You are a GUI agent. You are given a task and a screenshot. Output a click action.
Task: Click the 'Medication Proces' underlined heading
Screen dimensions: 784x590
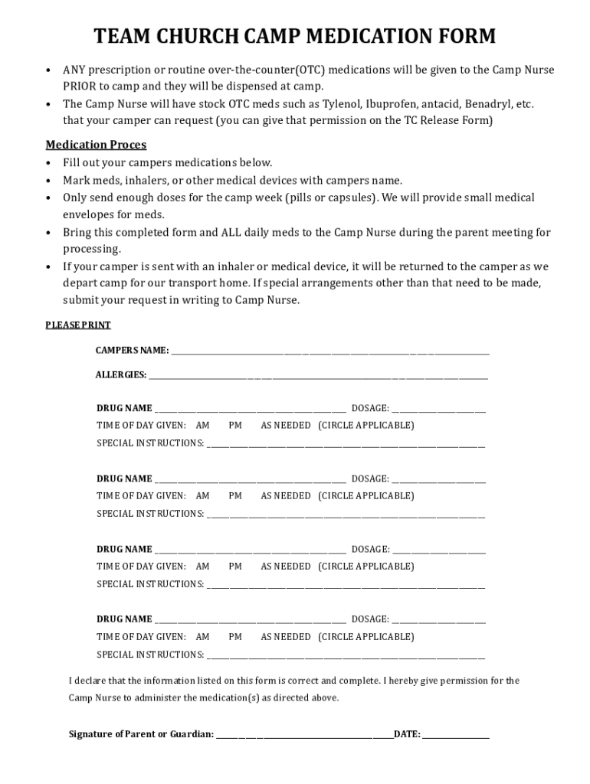[x=96, y=145]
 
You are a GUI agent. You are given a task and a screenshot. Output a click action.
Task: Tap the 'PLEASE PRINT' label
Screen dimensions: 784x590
[x=78, y=325]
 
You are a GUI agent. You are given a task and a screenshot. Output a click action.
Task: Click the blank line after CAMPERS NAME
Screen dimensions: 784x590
[x=329, y=353]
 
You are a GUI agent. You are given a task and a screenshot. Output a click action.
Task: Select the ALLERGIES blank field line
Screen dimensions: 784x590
[x=318, y=377]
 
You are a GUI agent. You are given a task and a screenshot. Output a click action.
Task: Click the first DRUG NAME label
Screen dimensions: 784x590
[x=124, y=408]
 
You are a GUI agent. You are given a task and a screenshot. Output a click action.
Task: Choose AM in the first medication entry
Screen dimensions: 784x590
[x=202, y=426]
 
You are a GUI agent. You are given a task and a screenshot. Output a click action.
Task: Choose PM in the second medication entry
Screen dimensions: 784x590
[x=234, y=496]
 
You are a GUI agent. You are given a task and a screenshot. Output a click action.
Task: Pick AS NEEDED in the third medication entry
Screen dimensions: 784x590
[x=285, y=567]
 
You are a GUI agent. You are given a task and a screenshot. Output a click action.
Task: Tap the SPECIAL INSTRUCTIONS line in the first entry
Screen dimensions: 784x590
[x=345, y=445]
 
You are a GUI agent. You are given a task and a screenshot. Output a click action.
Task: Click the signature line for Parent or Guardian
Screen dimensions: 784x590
[x=304, y=737]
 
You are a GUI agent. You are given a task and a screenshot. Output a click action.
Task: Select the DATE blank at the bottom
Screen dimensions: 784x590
[x=455, y=737]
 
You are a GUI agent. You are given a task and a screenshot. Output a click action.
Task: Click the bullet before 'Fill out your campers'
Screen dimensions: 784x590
[x=48, y=163]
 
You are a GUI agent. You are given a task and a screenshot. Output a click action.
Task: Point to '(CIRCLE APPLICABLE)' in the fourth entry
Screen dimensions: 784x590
[x=365, y=637]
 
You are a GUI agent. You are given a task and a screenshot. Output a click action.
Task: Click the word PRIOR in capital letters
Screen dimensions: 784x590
[x=80, y=87]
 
